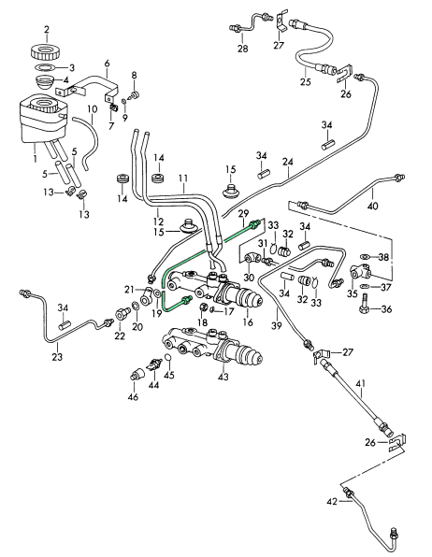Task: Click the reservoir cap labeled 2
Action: tap(45, 51)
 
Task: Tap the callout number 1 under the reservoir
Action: tap(35, 157)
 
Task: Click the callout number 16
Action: tap(248, 322)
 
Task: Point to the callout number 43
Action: tap(224, 377)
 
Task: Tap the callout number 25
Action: tap(306, 81)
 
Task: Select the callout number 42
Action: tap(332, 502)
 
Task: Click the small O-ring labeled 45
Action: tap(169, 357)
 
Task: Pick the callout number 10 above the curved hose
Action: tap(92, 108)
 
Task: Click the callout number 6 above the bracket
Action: tap(107, 64)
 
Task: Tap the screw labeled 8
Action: tap(135, 94)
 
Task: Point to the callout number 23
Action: tap(57, 356)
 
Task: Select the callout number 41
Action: tap(361, 384)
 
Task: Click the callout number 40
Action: tap(373, 206)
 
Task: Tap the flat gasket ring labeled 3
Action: tap(45, 66)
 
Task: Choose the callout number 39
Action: tap(277, 325)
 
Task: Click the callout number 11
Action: tap(183, 178)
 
